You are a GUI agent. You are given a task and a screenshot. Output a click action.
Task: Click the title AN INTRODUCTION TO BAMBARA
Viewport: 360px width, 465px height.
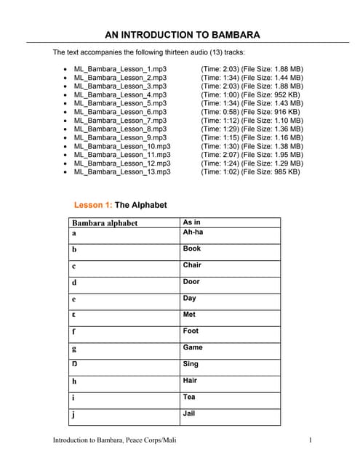coord(182,33)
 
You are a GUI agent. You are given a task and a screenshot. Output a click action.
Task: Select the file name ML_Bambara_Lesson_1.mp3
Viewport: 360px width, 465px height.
coord(120,68)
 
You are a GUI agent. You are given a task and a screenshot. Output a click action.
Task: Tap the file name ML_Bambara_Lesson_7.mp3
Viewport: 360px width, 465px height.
coord(120,120)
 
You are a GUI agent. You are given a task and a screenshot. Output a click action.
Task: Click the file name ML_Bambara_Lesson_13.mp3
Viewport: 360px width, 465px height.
coord(122,172)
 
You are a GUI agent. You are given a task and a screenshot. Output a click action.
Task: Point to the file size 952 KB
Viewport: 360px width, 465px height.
coord(285,94)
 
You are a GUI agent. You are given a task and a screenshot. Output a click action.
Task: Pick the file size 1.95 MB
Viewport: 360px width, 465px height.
coord(287,155)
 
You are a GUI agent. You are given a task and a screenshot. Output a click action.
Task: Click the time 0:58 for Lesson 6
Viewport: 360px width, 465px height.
coord(229,112)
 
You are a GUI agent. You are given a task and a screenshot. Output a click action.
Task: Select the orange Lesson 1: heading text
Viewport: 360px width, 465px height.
coord(93,205)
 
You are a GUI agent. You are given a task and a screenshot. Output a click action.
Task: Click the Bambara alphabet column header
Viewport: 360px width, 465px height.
coord(105,223)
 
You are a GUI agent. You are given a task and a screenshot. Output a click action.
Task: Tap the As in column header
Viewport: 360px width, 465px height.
coord(191,222)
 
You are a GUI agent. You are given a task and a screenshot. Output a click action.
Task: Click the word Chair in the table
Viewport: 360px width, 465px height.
coord(192,265)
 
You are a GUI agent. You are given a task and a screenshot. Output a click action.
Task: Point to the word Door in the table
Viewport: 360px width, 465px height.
coord(191,281)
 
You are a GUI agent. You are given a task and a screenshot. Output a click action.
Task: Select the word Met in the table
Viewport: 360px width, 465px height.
coord(189,315)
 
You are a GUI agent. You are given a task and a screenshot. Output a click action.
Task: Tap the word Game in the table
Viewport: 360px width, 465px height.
coord(193,347)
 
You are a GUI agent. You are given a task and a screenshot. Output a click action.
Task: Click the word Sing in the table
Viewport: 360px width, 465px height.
coord(191,364)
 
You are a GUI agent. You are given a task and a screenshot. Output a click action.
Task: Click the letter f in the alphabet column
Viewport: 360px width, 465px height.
coord(74,332)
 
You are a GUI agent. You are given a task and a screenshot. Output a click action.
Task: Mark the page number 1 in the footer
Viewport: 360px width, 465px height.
coord(311,440)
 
